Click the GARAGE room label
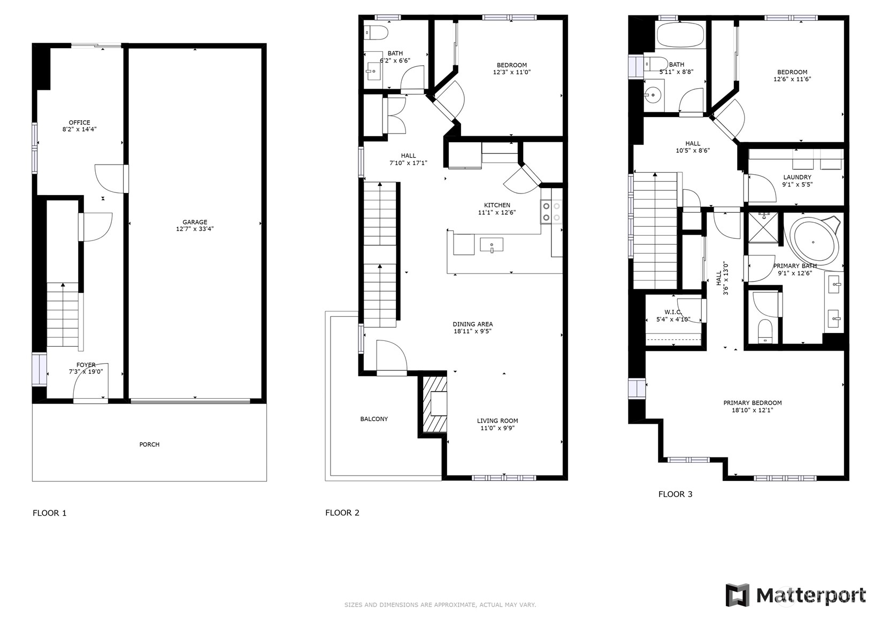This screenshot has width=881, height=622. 195,222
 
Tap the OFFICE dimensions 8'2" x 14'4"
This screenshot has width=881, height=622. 79,129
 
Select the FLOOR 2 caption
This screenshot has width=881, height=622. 342,513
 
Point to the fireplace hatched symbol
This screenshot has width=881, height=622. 434,405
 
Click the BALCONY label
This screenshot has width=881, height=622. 374,419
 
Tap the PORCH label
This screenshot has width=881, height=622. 149,445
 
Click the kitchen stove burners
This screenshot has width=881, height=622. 551,211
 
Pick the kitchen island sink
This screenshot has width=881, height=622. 492,245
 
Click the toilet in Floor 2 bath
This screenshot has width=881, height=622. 377,32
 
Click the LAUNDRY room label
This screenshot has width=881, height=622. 797,177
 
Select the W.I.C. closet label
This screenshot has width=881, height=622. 672,312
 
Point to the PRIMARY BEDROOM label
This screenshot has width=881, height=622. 752,403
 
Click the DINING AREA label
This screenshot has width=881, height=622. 472,324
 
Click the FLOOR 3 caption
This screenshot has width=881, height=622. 675,494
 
